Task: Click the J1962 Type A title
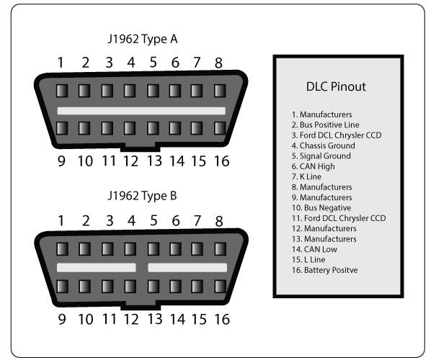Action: point(143,39)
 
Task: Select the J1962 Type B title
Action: point(142,196)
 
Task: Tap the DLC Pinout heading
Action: point(336,86)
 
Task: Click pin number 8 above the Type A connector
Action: point(218,63)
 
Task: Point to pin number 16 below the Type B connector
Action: point(222,319)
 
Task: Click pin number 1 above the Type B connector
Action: point(61,221)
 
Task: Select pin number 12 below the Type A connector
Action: point(130,161)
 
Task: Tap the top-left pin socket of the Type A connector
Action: point(62,91)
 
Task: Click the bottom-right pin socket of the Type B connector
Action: point(220,287)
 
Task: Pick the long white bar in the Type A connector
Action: point(141,111)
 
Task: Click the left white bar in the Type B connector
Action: point(97,268)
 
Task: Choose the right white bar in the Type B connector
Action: point(187,268)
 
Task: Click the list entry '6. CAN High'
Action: point(313,166)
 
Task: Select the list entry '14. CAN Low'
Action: point(314,249)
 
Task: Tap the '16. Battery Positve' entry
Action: point(325,270)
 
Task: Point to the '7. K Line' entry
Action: point(306,176)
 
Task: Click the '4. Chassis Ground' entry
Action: point(324,145)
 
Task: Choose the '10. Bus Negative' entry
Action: point(321,208)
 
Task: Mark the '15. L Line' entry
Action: point(308,260)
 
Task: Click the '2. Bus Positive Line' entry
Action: point(325,125)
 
